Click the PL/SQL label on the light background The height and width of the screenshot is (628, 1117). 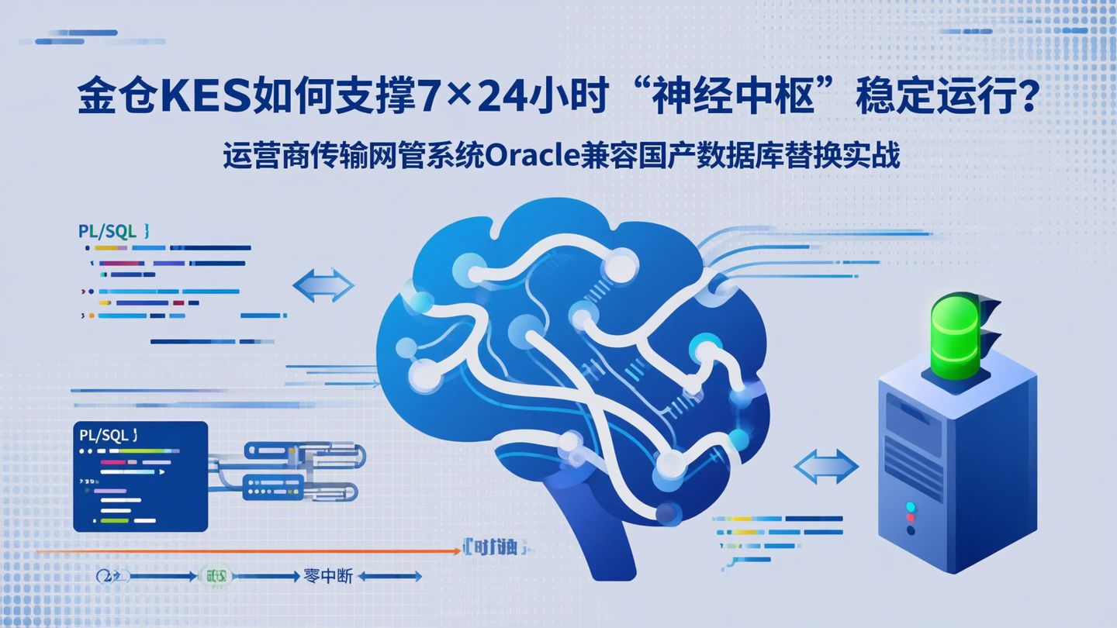pyautogui.click(x=109, y=231)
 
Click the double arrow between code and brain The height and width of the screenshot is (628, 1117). pyautogui.click(x=323, y=285)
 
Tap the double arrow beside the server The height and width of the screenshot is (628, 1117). pyautogui.click(x=826, y=467)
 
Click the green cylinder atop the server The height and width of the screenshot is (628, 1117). pyautogui.click(x=954, y=338)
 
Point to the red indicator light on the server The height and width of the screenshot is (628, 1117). pyautogui.click(x=911, y=506)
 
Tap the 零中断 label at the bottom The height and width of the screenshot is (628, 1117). pyautogui.click(x=328, y=576)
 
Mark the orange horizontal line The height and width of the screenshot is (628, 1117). pyautogui.click(x=248, y=551)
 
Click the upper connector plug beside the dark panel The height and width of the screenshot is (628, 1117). pyautogui.click(x=303, y=454)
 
